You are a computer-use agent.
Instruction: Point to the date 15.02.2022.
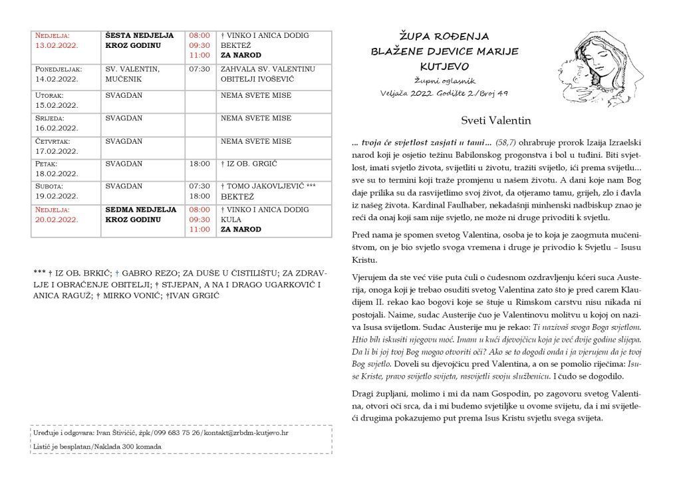click(x=57, y=105)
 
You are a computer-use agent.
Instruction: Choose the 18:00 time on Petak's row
click(x=199, y=163)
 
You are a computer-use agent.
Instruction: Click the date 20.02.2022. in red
click(x=57, y=220)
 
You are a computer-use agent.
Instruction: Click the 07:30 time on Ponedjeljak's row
click(x=199, y=69)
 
